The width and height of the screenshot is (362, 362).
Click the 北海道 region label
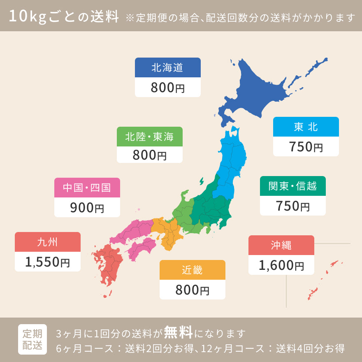coord(167,68)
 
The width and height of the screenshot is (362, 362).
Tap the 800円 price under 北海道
coord(167,88)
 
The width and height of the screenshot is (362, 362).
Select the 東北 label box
coord(306,127)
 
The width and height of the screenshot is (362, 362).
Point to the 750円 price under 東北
coord(306,147)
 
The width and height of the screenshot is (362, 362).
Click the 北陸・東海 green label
coord(149,137)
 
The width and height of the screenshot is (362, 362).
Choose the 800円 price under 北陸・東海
coord(149,155)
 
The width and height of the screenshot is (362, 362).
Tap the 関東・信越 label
coord(292,186)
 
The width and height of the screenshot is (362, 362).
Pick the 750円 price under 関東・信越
coord(292,206)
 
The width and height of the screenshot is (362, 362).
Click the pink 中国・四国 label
coord(87,188)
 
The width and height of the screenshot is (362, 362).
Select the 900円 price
coord(87,208)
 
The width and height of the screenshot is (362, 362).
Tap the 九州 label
coord(47,242)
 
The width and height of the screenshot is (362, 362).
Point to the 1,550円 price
coord(47,262)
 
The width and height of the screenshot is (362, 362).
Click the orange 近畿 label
coord(192,270)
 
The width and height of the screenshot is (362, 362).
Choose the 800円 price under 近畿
coord(192,290)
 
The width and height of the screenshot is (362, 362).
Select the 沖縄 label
coord(281,246)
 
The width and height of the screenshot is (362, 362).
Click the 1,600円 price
coord(281,265)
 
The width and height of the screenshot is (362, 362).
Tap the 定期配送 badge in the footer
coord(32,339)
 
